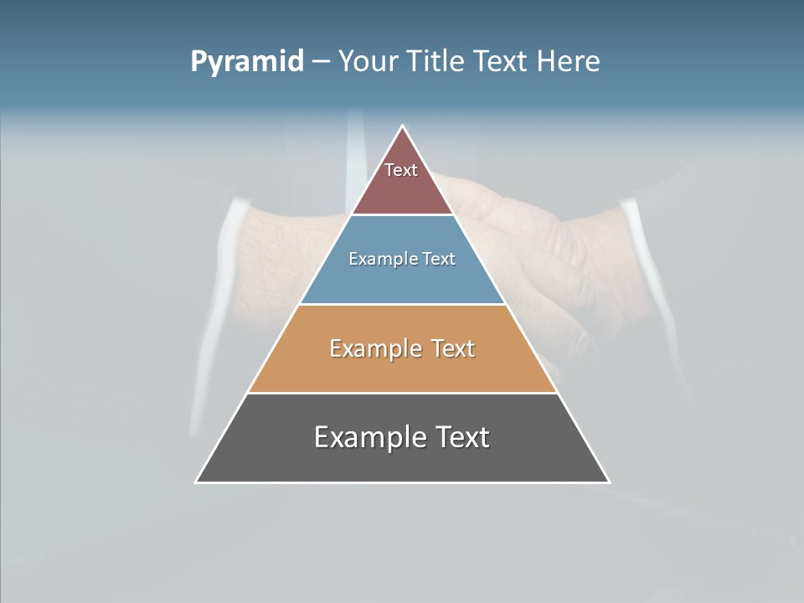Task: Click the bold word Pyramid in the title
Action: coord(247,62)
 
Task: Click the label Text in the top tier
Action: coord(401,170)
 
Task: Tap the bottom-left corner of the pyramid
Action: coord(197,482)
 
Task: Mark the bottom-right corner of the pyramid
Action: coord(609,482)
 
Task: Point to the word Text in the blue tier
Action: coord(439,259)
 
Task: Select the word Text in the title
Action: coord(502,62)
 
